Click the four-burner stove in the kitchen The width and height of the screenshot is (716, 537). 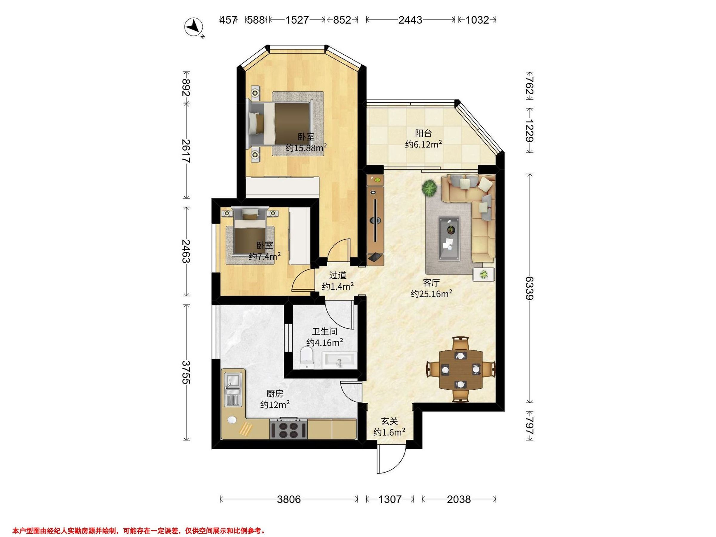(x=288, y=429)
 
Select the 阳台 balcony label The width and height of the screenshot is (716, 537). (x=423, y=133)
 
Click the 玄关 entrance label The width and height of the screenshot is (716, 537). (x=389, y=421)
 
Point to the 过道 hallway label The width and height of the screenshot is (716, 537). (x=338, y=275)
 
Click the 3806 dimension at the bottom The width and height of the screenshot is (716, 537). (x=289, y=499)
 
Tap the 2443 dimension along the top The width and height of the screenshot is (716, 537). (x=410, y=20)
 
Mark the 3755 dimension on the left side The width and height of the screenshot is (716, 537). (x=186, y=372)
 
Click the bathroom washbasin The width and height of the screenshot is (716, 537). (x=339, y=361)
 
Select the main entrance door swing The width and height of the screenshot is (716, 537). (x=391, y=461)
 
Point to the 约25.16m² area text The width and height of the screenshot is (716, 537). (x=431, y=294)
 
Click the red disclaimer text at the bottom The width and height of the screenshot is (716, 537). (x=139, y=530)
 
